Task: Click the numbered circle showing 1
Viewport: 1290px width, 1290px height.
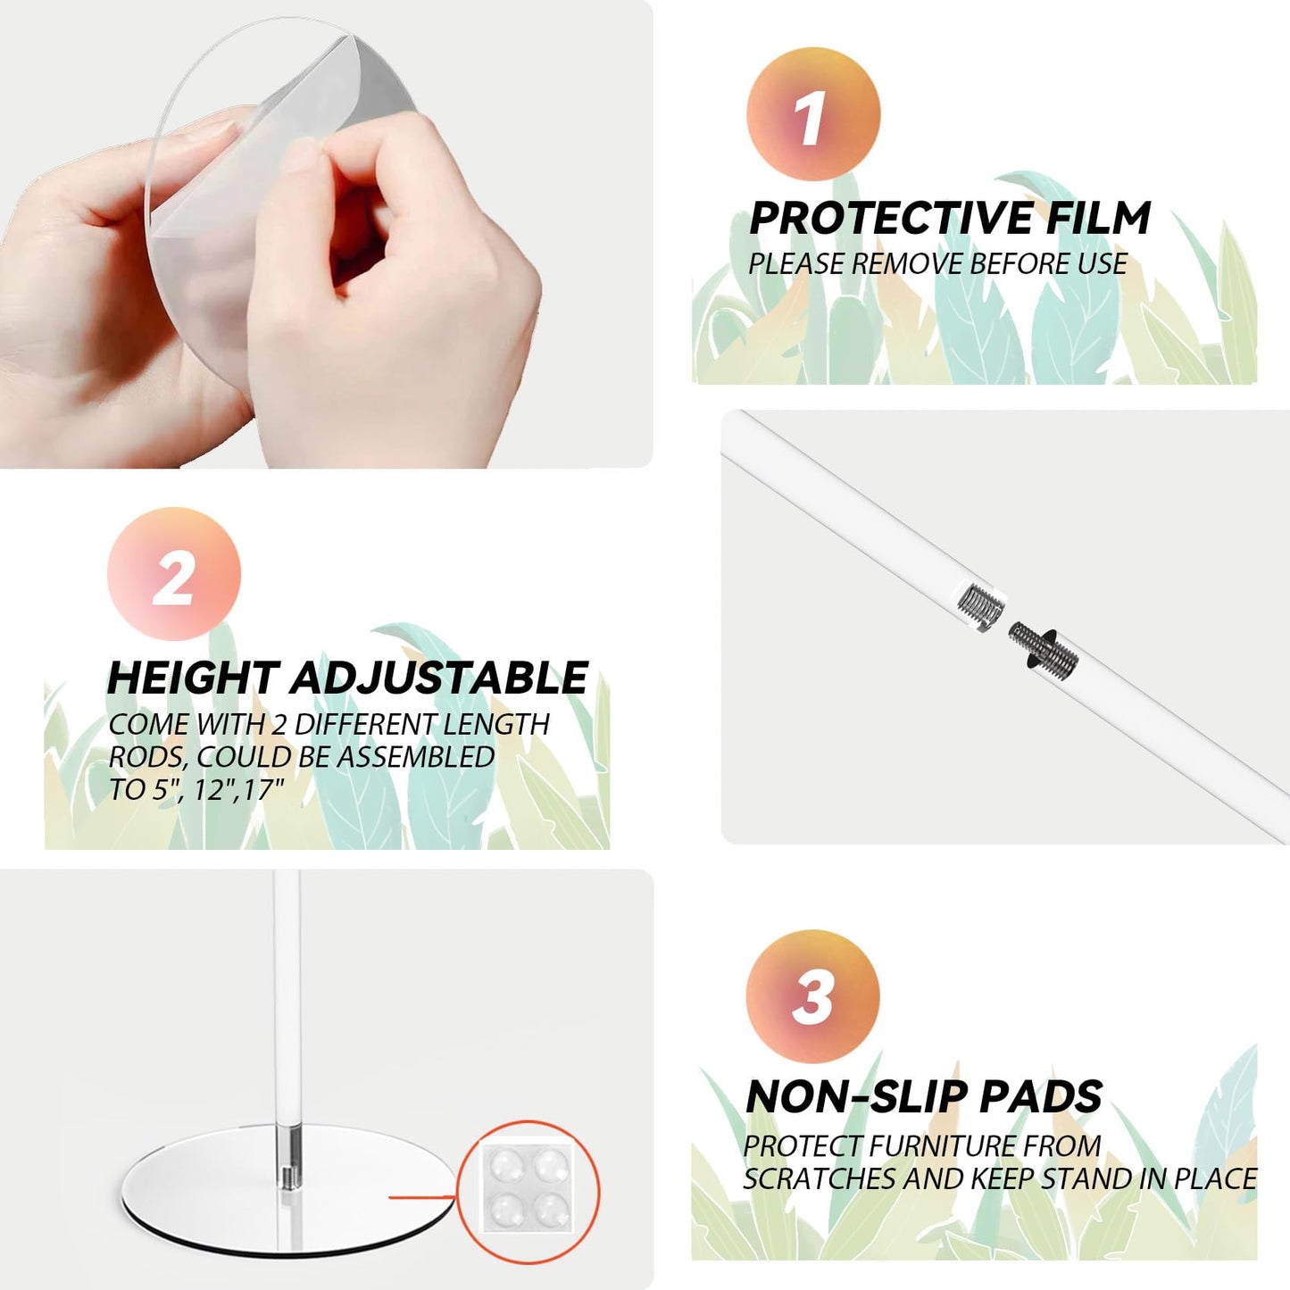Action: (x=813, y=113)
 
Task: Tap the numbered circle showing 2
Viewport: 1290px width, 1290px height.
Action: (x=174, y=574)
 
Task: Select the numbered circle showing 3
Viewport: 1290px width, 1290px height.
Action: (x=812, y=997)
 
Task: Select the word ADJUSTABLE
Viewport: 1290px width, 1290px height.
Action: (x=440, y=678)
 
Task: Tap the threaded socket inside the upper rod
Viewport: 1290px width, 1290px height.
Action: (x=981, y=604)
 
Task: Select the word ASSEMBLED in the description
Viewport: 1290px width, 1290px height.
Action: (x=415, y=757)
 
